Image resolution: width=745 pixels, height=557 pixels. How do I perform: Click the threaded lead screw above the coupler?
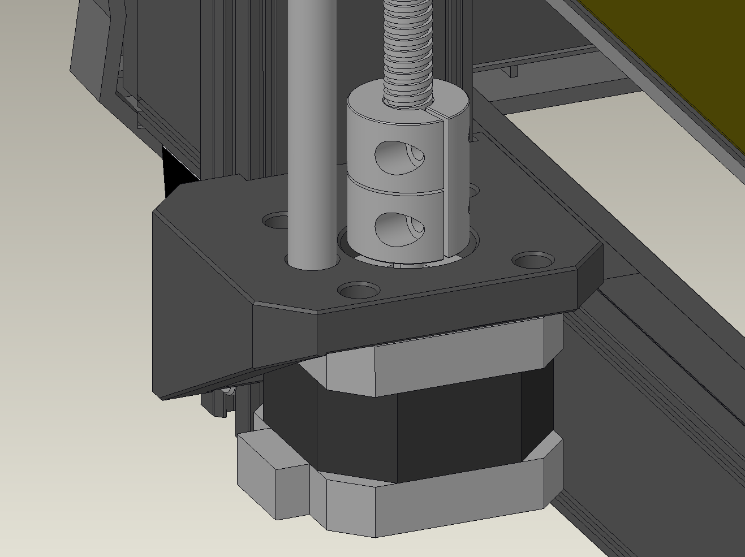[x=408, y=45]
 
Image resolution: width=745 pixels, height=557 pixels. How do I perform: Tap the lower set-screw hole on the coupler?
[x=399, y=228]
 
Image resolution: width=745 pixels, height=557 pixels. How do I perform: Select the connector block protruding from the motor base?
[x=272, y=475]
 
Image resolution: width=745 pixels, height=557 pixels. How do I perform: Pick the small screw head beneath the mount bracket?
[x=227, y=391]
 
